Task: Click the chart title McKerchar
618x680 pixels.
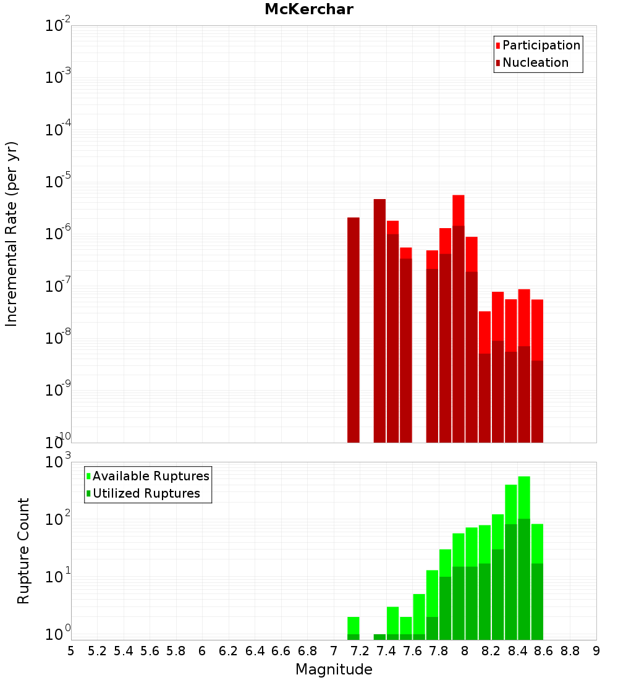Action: click(308, 9)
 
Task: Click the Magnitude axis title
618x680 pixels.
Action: click(334, 669)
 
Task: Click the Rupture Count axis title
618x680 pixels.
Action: click(23, 551)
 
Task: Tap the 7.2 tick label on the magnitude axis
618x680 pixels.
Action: click(360, 651)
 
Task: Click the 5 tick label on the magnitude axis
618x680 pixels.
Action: click(71, 651)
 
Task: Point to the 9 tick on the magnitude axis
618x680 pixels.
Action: click(596, 651)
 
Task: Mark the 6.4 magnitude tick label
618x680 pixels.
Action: click(255, 651)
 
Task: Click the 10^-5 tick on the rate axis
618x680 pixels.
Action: click(57, 182)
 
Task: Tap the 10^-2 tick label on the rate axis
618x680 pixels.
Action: click(57, 26)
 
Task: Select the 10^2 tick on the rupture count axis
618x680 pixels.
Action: click(57, 519)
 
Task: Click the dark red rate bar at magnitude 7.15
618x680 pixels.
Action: click(353, 328)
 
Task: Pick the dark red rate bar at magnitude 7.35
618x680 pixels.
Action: click(379, 321)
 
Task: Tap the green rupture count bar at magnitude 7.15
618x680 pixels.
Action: click(353, 626)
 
